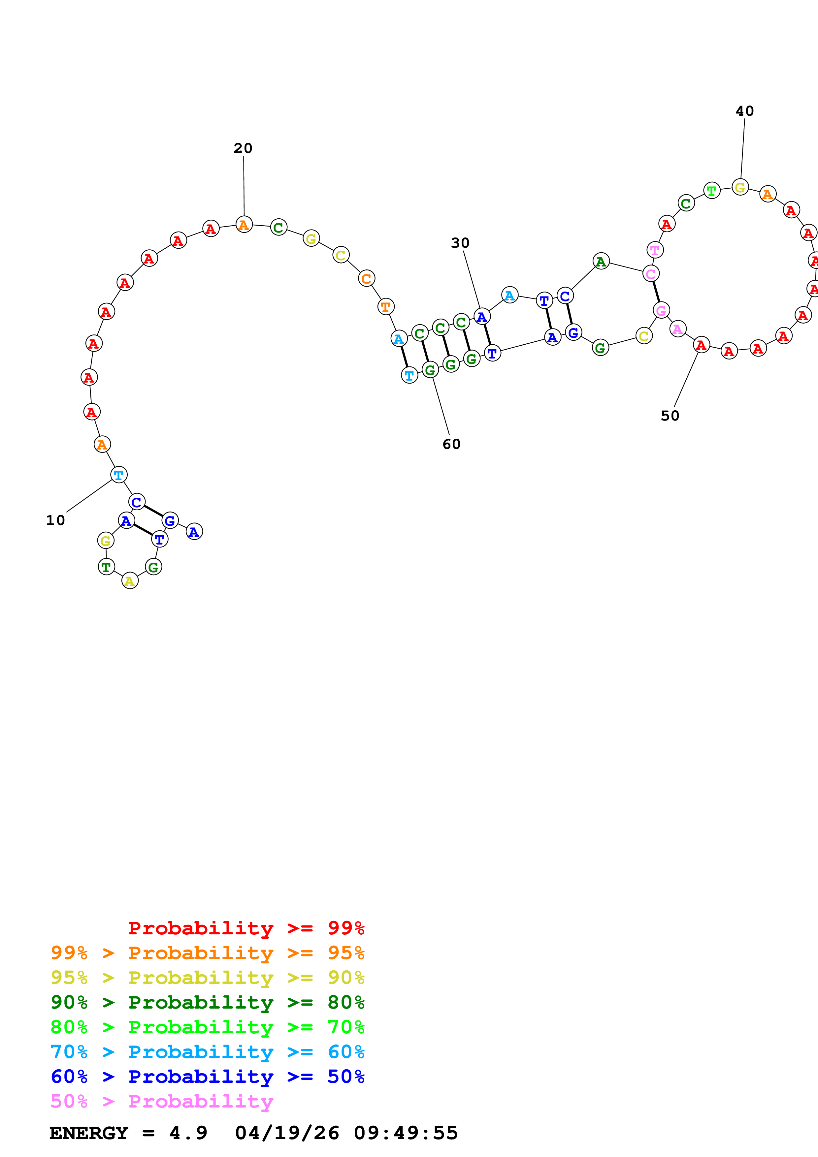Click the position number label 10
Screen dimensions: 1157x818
coord(55,520)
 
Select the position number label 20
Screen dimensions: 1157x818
coord(243,148)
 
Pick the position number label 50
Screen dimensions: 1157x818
coord(670,416)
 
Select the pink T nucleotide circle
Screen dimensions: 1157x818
coord(655,249)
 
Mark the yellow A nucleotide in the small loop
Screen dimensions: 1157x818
coord(130,581)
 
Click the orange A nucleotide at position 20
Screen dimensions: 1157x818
coord(244,224)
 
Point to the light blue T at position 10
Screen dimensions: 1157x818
coord(119,475)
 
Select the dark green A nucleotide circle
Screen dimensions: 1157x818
coord(601,261)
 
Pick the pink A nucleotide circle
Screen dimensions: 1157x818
coord(678,329)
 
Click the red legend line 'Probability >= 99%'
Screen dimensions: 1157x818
coord(246,928)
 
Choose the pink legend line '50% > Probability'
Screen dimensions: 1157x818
coord(161,1101)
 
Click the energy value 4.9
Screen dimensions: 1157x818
coord(188,1133)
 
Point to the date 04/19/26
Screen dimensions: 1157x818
coord(287,1133)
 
